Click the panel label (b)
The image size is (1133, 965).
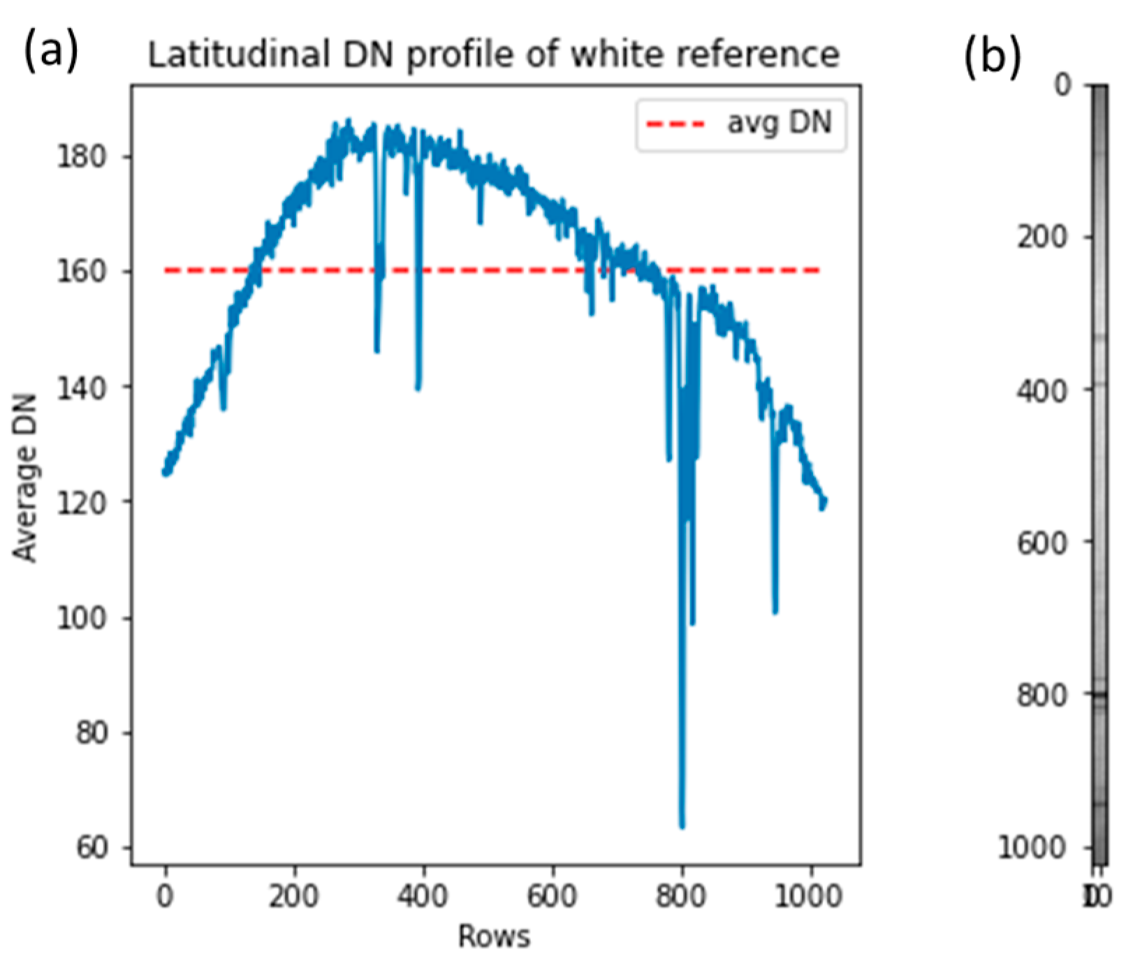point(992,56)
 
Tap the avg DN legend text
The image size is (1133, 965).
point(780,123)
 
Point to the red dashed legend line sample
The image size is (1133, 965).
point(676,124)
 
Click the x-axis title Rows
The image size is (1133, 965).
point(494,936)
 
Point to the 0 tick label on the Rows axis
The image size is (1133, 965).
point(166,896)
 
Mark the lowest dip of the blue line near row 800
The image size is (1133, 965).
point(682,827)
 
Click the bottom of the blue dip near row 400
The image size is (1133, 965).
point(418,388)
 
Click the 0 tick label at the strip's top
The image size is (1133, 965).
point(1062,85)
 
